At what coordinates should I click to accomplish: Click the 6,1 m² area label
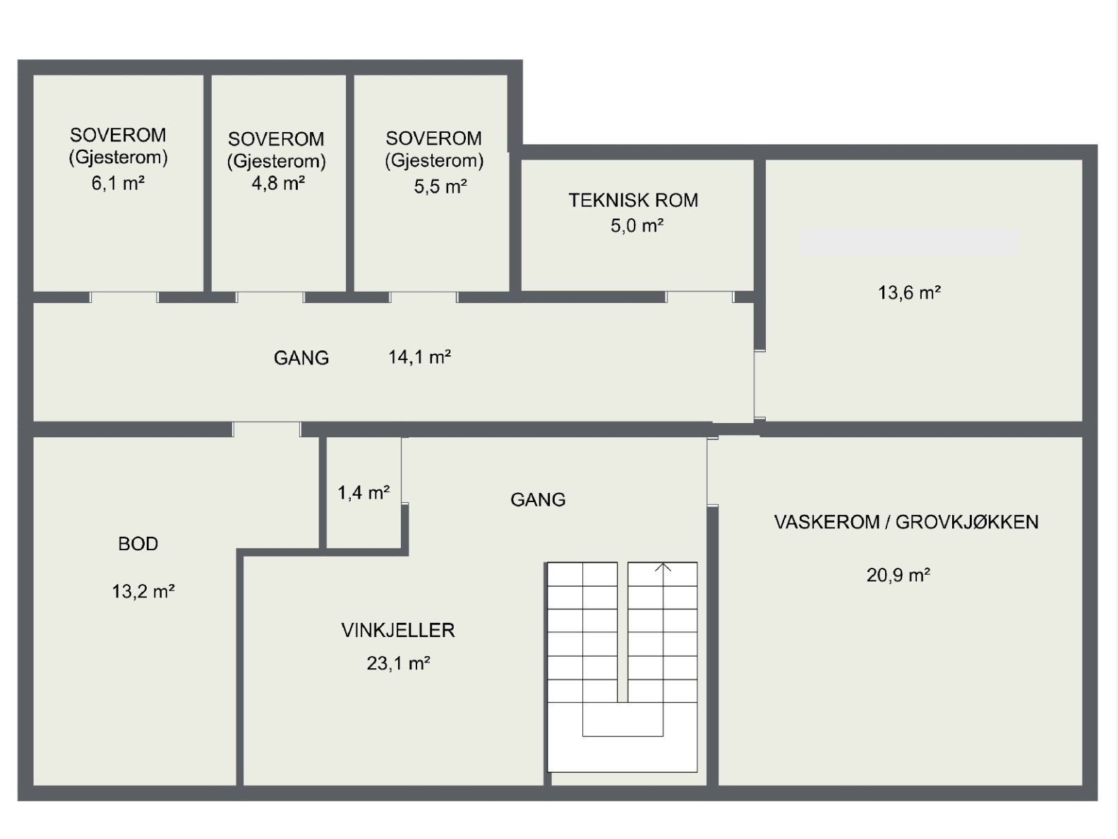(118, 184)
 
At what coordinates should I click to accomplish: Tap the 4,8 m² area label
(278, 184)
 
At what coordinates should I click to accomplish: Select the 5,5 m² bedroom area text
(440, 186)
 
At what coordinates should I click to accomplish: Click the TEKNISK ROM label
(633, 201)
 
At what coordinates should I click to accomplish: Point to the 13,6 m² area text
(909, 292)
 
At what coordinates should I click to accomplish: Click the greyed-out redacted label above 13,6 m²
(909, 242)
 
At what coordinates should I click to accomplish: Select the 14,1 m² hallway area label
(419, 357)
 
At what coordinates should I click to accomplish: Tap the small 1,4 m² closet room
(363, 492)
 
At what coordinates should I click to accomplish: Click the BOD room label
(138, 544)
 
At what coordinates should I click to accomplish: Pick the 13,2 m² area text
(143, 591)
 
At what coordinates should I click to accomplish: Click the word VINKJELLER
(398, 630)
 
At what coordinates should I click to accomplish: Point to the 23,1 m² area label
(398, 663)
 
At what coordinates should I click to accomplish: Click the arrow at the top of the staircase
(663, 567)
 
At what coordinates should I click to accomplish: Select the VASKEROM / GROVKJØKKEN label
(906, 523)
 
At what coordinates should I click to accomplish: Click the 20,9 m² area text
(898, 575)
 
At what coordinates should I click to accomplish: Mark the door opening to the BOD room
(266, 429)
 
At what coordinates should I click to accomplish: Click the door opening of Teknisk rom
(699, 297)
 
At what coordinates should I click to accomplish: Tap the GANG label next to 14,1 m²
(301, 358)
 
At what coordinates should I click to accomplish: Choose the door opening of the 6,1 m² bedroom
(124, 297)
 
